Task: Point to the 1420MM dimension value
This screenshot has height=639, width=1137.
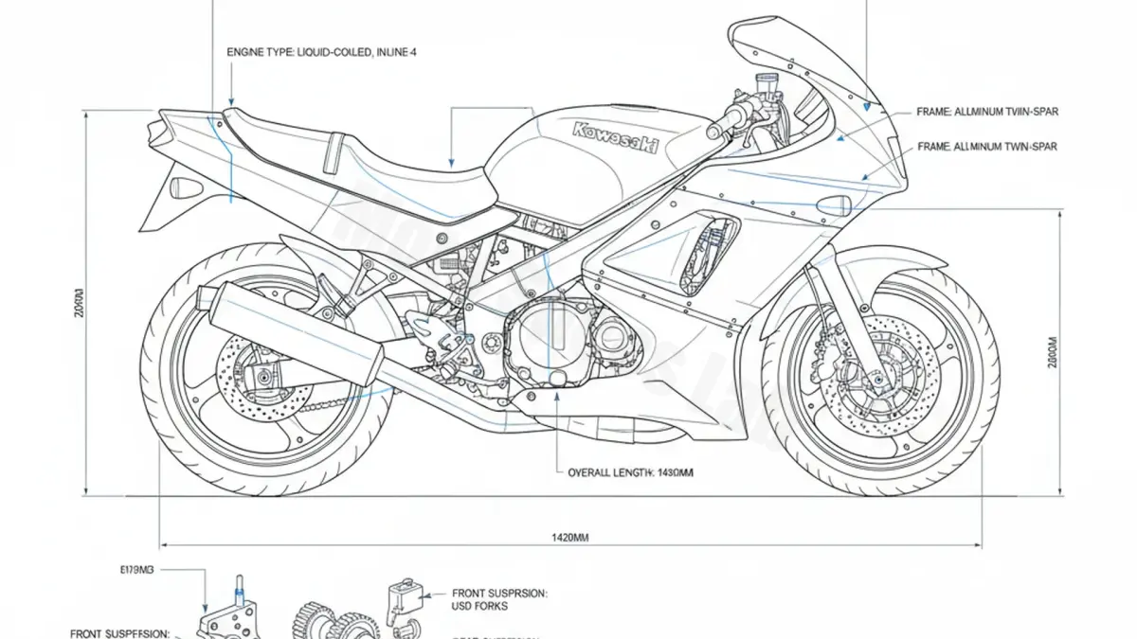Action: [570, 537]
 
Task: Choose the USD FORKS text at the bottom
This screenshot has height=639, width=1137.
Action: [480, 606]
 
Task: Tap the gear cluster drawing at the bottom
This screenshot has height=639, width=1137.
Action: [341, 620]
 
